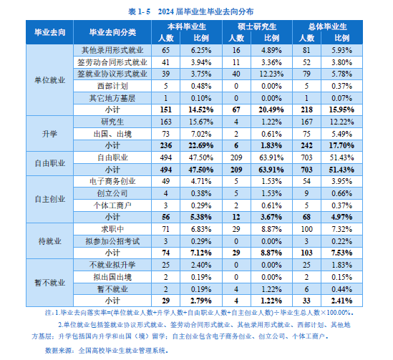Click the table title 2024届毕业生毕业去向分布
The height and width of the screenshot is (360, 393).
point(205,11)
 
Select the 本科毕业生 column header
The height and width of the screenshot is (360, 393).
point(187,26)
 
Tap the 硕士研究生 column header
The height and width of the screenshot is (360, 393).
point(257,26)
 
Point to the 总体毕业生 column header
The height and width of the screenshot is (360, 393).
point(328,26)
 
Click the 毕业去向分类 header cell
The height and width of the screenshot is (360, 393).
point(112,32)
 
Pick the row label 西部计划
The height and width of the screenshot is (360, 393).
point(112,86)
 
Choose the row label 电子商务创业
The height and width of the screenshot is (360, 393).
point(112,181)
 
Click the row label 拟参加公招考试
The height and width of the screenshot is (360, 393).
point(112,241)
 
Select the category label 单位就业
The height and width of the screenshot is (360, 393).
point(50,80)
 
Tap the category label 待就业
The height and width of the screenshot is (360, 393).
point(50,241)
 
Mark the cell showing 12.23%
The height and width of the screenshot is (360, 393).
point(272,74)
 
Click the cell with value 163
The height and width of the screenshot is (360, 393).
point(166,122)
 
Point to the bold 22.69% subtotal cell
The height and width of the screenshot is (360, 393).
point(201,145)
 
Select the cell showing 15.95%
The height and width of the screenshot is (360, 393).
point(341,110)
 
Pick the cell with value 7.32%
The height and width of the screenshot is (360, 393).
point(342,229)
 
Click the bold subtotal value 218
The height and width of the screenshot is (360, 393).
point(307,110)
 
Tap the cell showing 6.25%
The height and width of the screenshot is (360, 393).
point(201,50)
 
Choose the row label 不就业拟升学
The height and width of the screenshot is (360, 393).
point(112,265)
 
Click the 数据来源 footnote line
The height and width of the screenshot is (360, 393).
point(107,351)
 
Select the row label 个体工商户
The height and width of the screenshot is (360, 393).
point(112,205)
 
